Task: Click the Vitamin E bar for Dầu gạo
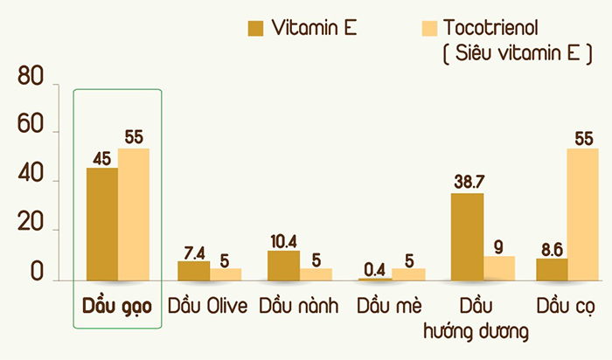[101, 224]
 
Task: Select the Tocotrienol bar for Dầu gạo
[134, 214]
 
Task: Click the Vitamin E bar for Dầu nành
[283, 265]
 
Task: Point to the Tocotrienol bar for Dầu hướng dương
[499, 267]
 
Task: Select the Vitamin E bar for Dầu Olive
[193, 270]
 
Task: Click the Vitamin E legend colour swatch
[255, 27]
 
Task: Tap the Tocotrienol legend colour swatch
[403, 27]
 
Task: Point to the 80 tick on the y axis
[30, 79]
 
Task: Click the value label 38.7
[469, 182]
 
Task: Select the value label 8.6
[550, 248]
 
